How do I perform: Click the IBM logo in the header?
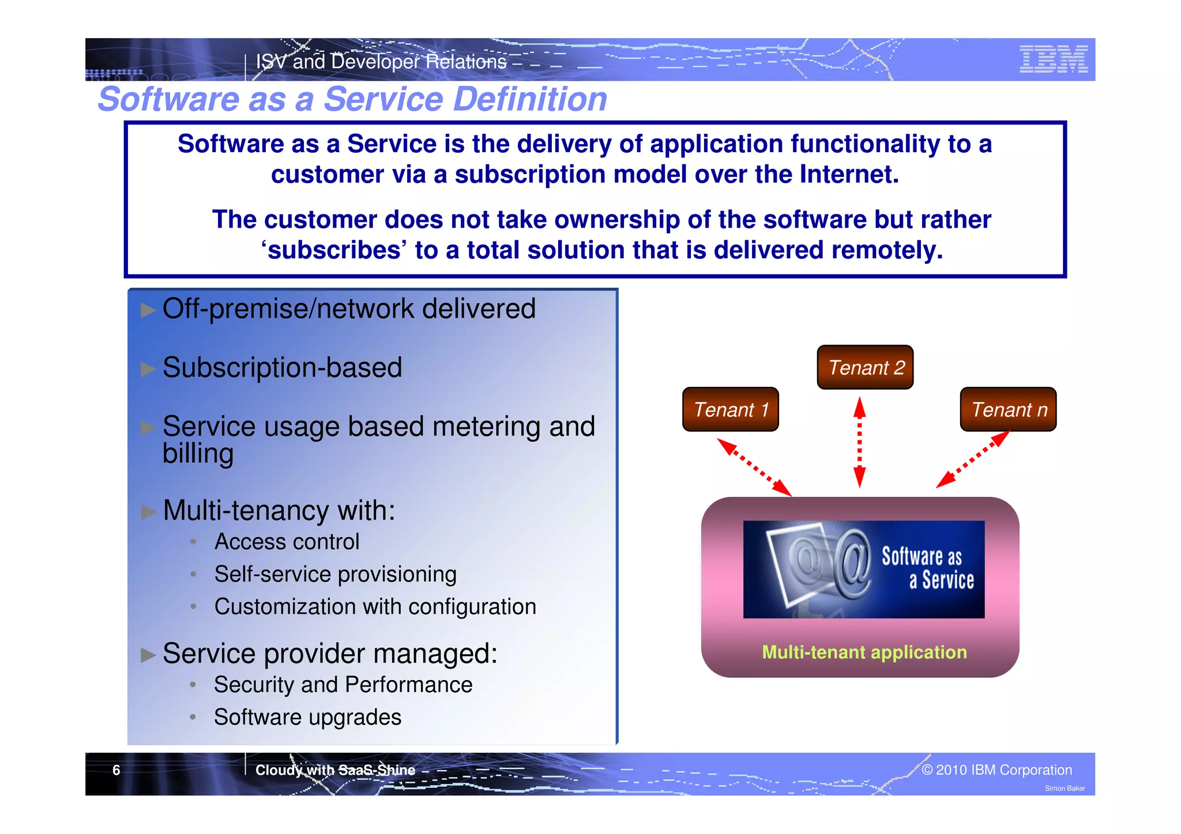[x=1053, y=59]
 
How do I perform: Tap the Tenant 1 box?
[x=730, y=410]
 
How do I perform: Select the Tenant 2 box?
[x=865, y=368]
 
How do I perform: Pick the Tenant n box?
[x=1008, y=410]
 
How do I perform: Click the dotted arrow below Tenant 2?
[x=859, y=443]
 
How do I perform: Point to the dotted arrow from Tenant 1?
[x=754, y=467]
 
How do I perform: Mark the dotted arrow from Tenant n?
[x=972, y=460]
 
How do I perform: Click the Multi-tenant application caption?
[x=864, y=652]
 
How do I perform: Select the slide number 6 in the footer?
[x=116, y=771]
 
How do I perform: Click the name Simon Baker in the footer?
[x=1065, y=788]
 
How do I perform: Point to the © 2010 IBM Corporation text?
[x=996, y=770]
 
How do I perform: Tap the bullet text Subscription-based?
[x=282, y=368]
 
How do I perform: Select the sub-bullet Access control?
[x=287, y=542]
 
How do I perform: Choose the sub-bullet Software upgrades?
[x=307, y=718]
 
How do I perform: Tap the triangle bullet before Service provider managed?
[x=148, y=655]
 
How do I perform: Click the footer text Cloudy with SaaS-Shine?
[x=335, y=771]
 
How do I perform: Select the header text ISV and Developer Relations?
[x=381, y=62]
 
